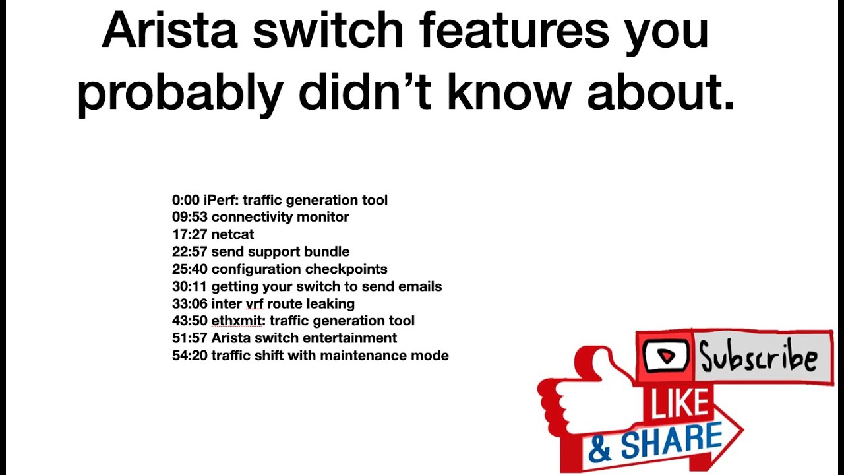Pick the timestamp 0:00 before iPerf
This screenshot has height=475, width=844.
click(186, 200)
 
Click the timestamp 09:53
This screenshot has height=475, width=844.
click(189, 217)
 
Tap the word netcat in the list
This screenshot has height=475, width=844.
click(232, 234)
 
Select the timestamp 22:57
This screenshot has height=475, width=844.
click(189, 251)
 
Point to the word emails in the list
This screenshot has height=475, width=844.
click(420, 286)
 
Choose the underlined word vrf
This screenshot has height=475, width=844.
click(255, 304)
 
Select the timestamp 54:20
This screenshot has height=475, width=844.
click(189, 356)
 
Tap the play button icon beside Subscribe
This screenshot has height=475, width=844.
click(666, 357)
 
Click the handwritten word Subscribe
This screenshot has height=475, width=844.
click(758, 358)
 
